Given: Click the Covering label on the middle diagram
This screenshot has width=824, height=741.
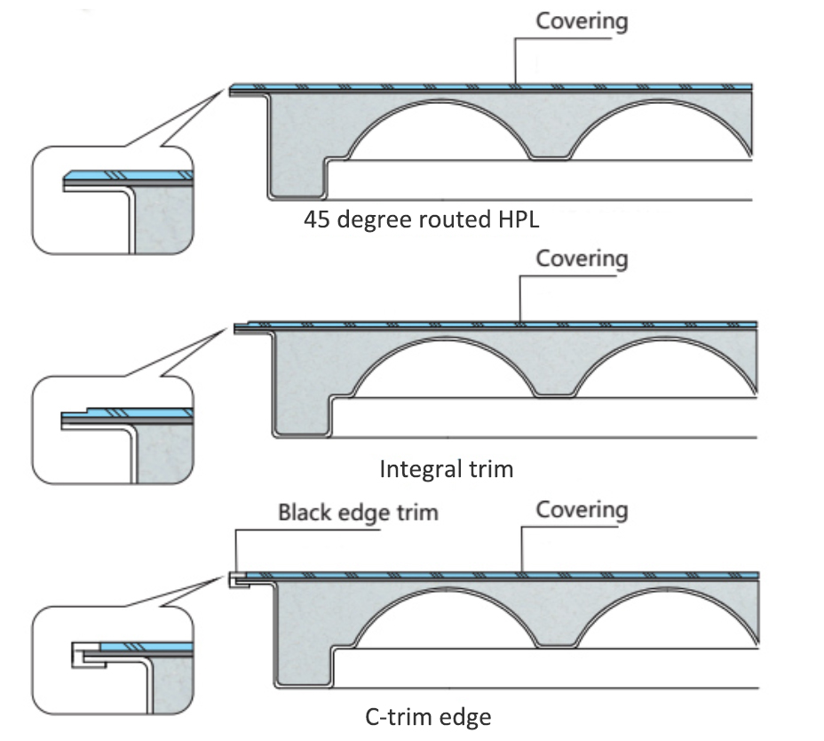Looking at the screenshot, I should [x=582, y=259].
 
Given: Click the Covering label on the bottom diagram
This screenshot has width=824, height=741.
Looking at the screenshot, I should [x=582, y=510].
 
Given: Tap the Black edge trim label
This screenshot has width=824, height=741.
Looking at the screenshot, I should [x=358, y=513].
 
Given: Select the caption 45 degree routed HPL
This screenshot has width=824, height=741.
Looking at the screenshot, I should [x=422, y=219].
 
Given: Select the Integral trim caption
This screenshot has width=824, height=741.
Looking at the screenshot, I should [x=447, y=468].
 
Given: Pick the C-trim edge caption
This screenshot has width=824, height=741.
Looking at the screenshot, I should [x=428, y=715].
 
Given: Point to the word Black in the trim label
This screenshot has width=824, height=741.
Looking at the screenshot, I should [x=305, y=513].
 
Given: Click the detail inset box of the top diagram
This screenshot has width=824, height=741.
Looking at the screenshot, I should [x=113, y=200].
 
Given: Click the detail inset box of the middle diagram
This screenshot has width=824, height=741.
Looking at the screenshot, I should [x=113, y=432].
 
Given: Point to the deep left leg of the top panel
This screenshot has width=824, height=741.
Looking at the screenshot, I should [x=296, y=151].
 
